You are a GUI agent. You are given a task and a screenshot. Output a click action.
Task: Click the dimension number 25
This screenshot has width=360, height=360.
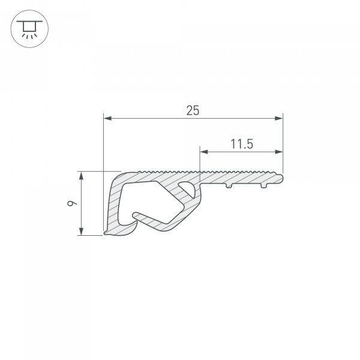click(x=193, y=110)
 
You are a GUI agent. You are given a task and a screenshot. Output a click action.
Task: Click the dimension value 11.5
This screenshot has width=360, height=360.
click(x=242, y=144)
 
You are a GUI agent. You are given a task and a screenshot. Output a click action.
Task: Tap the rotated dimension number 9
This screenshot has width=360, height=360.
click(x=72, y=203)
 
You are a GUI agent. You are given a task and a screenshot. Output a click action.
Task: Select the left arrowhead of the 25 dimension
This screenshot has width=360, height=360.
click(x=107, y=118)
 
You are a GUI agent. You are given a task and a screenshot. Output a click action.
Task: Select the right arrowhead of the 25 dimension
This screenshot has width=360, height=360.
click(x=279, y=118)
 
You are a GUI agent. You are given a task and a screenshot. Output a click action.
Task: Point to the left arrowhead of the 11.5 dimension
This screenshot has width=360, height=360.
click(x=204, y=152)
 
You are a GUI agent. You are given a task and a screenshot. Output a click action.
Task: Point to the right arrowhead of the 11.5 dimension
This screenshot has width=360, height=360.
click(x=279, y=152)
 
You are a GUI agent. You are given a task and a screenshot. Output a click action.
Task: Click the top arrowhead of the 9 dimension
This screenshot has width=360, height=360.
click(x=81, y=176)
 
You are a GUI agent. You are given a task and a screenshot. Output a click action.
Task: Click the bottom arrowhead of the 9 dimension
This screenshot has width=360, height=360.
click(x=81, y=231)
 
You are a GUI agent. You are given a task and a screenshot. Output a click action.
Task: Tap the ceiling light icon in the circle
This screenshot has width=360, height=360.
click(x=29, y=29)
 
